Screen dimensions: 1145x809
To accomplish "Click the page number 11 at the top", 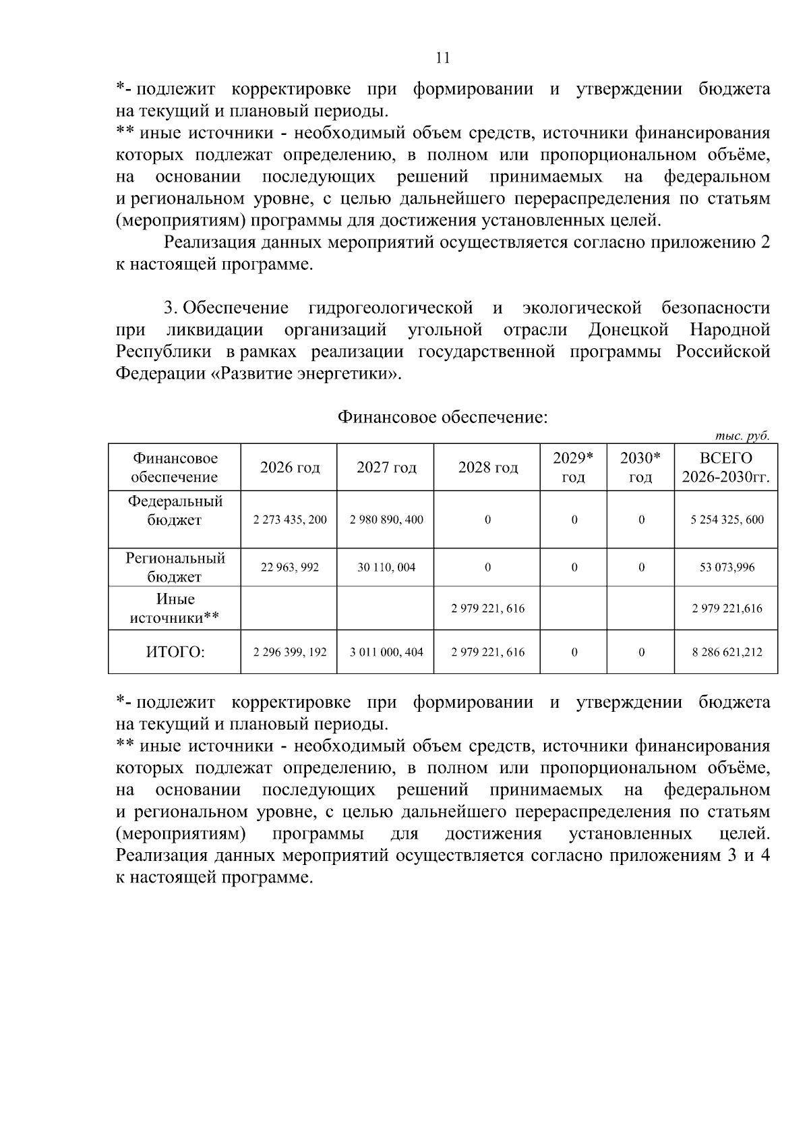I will (443, 57).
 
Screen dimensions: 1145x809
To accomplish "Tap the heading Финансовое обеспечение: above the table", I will (442, 418).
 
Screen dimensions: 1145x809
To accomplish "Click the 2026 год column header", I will (289, 468).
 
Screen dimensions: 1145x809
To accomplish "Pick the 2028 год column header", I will (487, 468).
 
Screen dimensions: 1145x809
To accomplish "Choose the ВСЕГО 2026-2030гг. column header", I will (725, 468).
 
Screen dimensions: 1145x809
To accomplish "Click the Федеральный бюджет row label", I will (175, 511).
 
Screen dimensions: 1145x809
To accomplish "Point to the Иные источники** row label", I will (175, 609).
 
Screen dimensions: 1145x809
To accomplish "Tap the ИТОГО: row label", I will (175, 652).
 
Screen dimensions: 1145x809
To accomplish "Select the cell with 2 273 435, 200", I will (289, 520).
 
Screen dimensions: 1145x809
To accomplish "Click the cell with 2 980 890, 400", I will (386, 520).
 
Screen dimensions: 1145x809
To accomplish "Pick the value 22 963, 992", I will (289, 567).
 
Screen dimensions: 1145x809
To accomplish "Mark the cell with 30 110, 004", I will (386, 567).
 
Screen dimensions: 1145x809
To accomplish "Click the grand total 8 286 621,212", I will (727, 652).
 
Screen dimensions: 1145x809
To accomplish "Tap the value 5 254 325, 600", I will (727, 520).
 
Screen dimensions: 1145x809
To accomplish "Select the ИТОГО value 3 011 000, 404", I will (386, 652).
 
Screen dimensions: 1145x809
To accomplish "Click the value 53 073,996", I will (727, 567).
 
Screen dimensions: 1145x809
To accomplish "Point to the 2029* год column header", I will (573, 468).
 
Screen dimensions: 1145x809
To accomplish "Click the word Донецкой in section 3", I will (628, 331).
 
